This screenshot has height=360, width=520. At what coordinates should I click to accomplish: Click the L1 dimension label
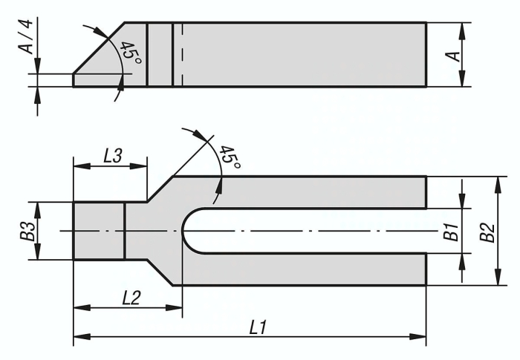pyautogui.click(x=258, y=328)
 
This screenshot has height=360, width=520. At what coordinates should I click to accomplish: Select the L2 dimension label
pyautogui.click(x=131, y=298)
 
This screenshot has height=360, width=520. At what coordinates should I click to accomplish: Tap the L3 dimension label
pyautogui.click(x=113, y=155)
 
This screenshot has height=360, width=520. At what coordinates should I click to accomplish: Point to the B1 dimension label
pyautogui.click(x=452, y=232)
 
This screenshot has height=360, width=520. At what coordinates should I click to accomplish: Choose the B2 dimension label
pyautogui.click(x=488, y=233)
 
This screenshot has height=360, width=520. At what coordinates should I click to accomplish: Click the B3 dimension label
pyautogui.click(x=30, y=231)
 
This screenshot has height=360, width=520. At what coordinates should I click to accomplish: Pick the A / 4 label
pyautogui.click(x=26, y=36)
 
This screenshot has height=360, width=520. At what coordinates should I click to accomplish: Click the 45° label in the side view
pyautogui.click(x=131, y=53)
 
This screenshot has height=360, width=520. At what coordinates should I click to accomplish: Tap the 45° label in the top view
pyautogui.click(x=229, y=157)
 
